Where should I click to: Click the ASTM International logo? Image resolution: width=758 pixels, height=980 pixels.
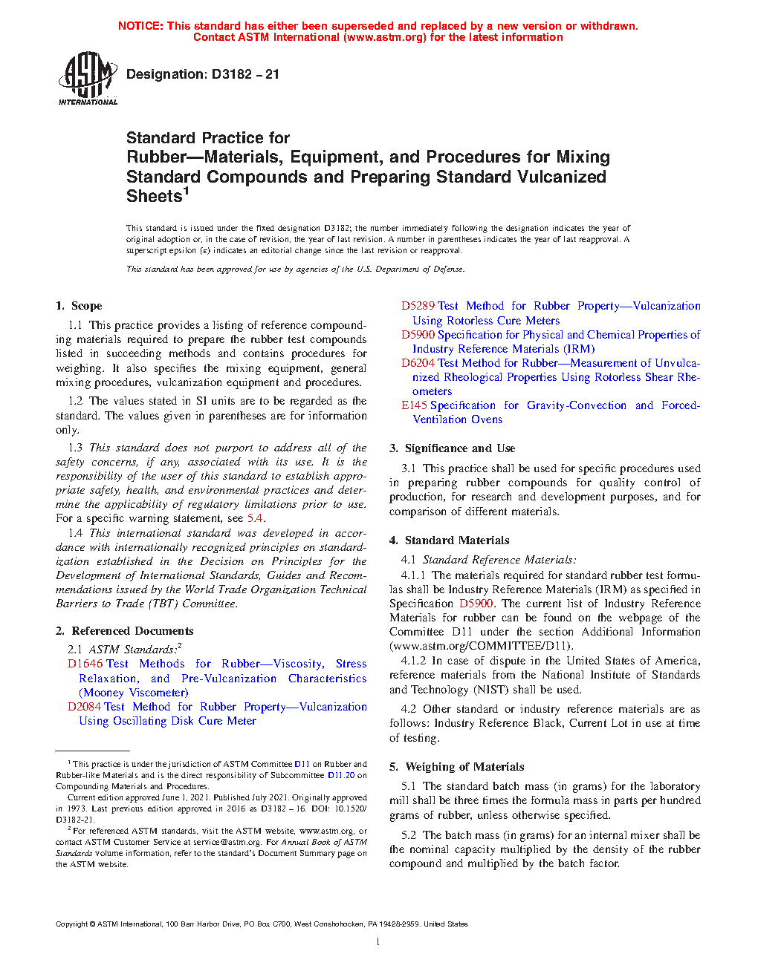pyautogui.click(x=87, y=78)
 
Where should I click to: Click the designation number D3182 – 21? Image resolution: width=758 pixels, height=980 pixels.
pyautogui.click(x=245, y=74)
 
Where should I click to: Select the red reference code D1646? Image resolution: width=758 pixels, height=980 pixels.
pyautogui.click(x=83, y=664)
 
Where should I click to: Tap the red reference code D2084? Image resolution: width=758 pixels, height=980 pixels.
pyautogui.click(x=83, y=707)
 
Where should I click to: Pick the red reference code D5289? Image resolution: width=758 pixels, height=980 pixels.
pyautogui.click(x=417, y=306)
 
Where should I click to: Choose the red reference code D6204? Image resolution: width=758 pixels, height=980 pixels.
pyautogui.click(x=417, y=363)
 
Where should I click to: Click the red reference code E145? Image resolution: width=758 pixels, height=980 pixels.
pyautogui.click(x=414, y=405)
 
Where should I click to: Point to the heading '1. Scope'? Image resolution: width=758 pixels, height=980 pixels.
pyautogui.click(x=79, y=306)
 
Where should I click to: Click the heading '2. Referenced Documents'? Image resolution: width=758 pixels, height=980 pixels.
pyautogui.click(x=125, y=631)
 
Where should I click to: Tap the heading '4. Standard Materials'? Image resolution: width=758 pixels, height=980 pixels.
pyautogui.click(x=450, y=540)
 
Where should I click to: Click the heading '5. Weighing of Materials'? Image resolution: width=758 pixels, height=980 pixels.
pyautogui.click(x=457, y=767)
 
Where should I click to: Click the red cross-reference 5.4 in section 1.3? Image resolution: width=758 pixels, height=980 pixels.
pyautogui.click(x=255, y=518)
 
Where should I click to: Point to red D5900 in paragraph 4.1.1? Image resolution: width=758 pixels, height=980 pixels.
pyautogui.click(x=476, y=604)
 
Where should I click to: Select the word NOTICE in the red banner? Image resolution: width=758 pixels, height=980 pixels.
pyautogui.click(x=140, y=26)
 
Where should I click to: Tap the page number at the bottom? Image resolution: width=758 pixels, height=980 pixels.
pyautogui.click(x=378, y=942)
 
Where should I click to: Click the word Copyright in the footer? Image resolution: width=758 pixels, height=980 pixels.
pyautogui.click(x=71, y=924)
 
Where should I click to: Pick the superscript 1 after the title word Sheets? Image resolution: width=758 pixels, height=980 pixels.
pyautogui.click(x=187, y=192)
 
